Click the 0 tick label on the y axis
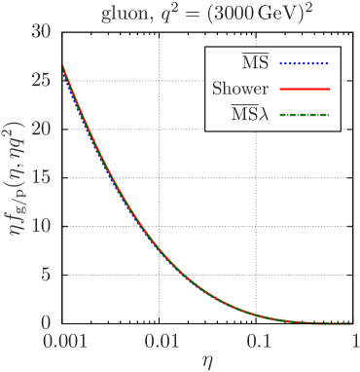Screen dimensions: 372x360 click(x=45, y=322)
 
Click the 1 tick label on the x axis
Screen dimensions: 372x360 click(x=354, y=342)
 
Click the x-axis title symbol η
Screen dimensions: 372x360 click(x=207, y=361)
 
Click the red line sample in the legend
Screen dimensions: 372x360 click(x=305, y=90)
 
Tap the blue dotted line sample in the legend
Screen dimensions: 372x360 click(x=305, y=64)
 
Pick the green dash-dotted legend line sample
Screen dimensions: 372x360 click(x=305, y=115)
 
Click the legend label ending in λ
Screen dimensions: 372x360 click(x=249, y=115)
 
